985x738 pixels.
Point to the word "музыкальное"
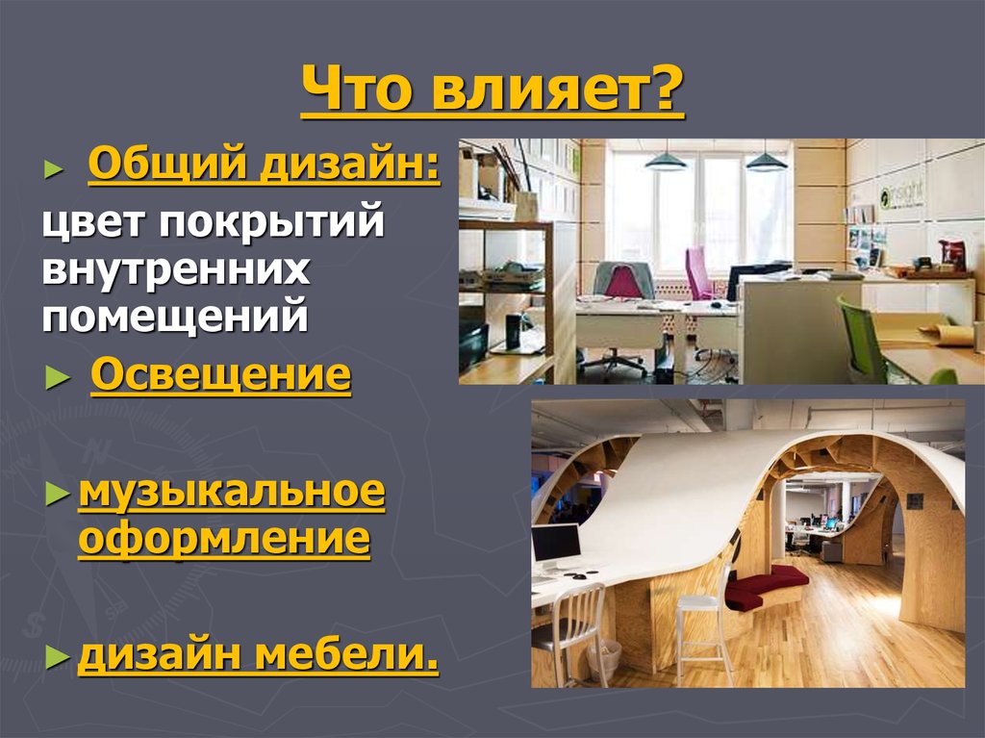pyautogui.click(x=231, y=494)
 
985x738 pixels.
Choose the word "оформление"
pyautogui.click(x=223, y=538)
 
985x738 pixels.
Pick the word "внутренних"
pyautogui.click(x=175, y=270)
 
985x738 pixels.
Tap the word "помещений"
pyautogui.click(x=175, y=317)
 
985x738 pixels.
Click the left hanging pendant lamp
pyautogui.click(x=666, y=161)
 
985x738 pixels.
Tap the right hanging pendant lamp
pyautogui.click(x=767, y=161)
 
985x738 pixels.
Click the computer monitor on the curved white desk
pyautogui.click(x=556, y=547)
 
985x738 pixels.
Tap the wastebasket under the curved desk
pyautogui.click(x=604, y=657)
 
